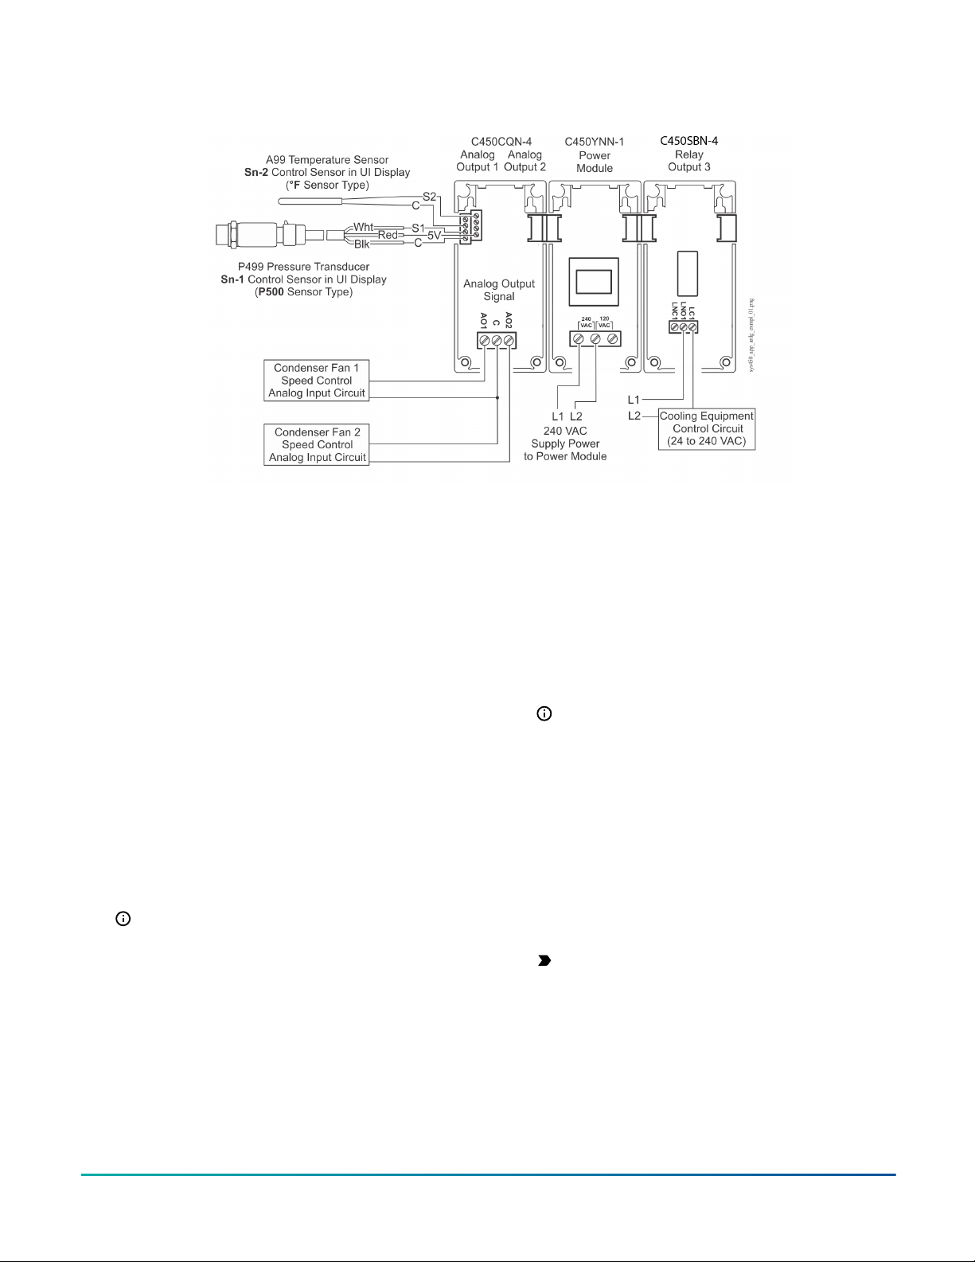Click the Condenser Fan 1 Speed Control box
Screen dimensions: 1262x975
tap(317, 381)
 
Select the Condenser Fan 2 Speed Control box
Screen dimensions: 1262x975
tap(317, 445)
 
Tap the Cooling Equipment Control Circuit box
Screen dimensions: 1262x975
tap(706, 428)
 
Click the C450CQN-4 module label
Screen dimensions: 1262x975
tap(501, 142)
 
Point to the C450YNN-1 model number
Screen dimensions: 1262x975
tap(595, 142)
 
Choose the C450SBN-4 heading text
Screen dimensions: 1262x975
tap(689, 141)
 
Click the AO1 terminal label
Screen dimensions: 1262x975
tap(484, 321)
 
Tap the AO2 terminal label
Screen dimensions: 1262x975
tap(509, 321)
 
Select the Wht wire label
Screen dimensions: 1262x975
tap(364, 227)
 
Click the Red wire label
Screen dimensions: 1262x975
tap(388, 235)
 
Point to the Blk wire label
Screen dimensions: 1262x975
tap(362, 244)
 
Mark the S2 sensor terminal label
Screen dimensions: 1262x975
tap(429, 196)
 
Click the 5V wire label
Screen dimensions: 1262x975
tap(435, 236)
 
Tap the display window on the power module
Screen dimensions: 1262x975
tap(593, 282)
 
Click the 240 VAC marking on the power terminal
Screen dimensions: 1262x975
tap(587, 322)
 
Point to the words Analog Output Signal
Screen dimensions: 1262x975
tap(499, 290)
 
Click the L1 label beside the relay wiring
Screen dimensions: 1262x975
tap(634, 400)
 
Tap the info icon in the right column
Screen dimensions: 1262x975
tap(544, 714)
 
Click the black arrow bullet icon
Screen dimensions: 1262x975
tap(544, 961)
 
